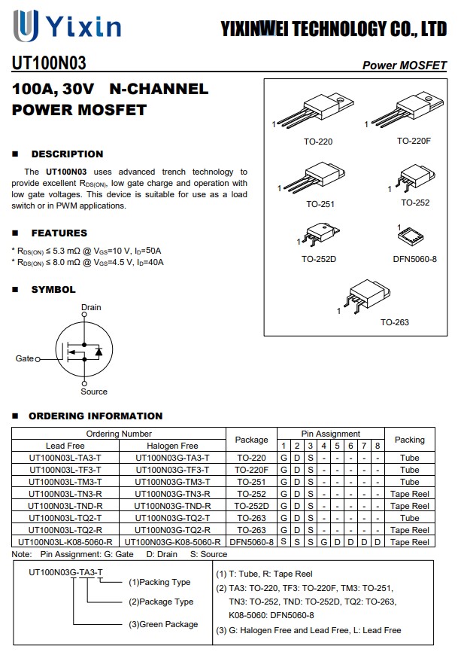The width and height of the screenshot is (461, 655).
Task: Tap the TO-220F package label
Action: click(414, 141)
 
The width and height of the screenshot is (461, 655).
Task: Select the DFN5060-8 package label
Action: click(414, 259)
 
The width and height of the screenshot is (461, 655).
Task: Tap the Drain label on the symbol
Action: click(91, 307)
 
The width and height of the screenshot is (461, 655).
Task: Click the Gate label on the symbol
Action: click(25, 358)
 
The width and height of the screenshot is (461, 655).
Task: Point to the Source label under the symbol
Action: click(94, 391)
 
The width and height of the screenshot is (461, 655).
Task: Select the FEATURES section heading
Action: click(59, 233)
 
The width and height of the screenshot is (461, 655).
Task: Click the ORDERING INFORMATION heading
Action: click(96, 416)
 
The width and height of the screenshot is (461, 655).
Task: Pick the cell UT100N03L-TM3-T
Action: click(65, 482)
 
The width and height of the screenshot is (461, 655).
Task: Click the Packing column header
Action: click(409, 440)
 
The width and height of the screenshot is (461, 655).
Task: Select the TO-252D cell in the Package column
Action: click(251, 506)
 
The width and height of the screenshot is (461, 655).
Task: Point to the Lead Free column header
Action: click(65, 446)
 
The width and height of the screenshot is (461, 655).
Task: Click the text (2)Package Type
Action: click(161, 602)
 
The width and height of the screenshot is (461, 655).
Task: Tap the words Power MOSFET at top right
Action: click(405, 65)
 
